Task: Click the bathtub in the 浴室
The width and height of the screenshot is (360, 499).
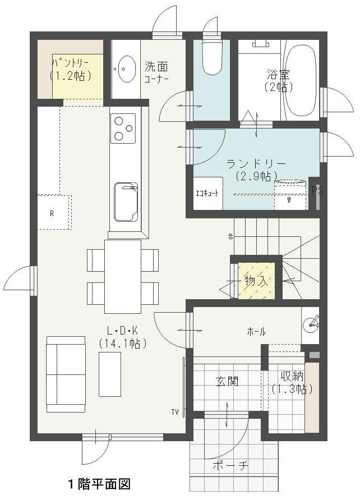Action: (300, 80)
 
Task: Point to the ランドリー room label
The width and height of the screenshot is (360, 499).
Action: (256, 164)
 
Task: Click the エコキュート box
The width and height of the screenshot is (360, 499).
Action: (207, 193)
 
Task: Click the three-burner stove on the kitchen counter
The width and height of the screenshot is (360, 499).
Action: (123, 128)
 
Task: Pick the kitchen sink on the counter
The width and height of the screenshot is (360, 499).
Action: (126, 202)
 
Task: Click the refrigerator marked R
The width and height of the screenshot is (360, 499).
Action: (53, 212)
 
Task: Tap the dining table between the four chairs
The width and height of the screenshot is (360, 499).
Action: (123, 277)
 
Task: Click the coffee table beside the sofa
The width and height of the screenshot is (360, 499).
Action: (110, 374)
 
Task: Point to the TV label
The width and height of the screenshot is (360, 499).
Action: (175, 413)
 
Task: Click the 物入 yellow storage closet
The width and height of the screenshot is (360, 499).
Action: (256, 281)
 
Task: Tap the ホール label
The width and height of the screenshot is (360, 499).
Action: (256, 332)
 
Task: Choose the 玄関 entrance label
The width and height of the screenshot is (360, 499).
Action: (227, 381)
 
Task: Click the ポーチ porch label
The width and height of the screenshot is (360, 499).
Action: (230, 466)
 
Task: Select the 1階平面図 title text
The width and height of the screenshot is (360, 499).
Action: (99, 484)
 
